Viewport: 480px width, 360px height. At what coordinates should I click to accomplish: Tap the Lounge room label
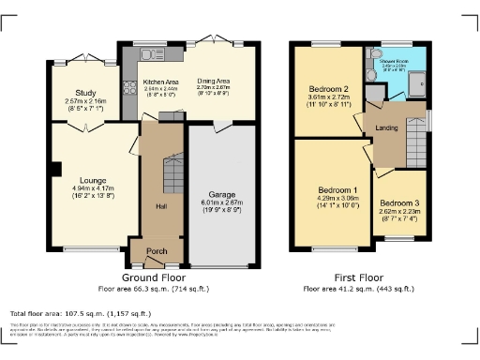tap(92, 179)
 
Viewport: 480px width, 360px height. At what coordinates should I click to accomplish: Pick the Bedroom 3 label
tap(397, 202)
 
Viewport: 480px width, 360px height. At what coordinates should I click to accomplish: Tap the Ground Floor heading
tap(151, 277)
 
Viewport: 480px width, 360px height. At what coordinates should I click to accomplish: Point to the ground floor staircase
tap(170, 174)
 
